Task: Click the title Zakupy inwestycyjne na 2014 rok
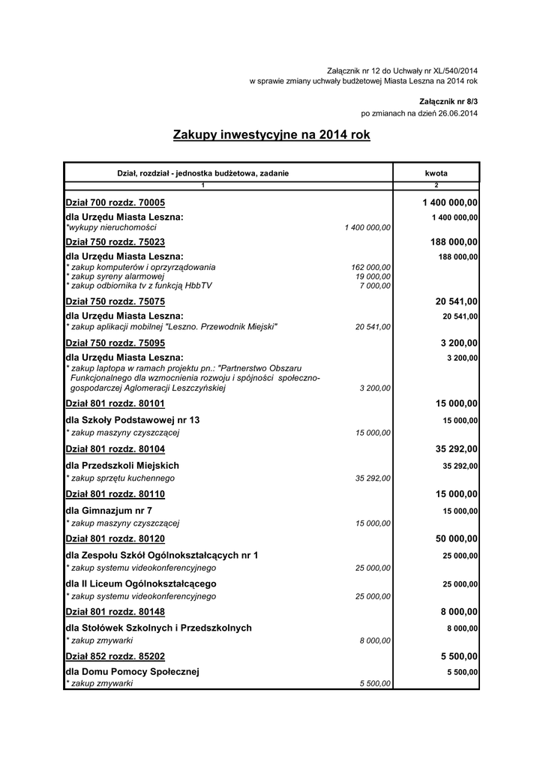(x=271, y=135)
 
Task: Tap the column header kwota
(x=436, y=173)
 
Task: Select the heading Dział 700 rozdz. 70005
(x=115, y=202)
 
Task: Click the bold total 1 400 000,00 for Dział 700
(x=450, y=202)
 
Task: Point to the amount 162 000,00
(x=370, y=267)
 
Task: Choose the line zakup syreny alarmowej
(x=115, y=276)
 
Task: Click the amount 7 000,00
(x=375, y=285)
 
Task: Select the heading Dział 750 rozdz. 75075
(x=115, y=301)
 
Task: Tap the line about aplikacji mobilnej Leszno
(x=172, y=326)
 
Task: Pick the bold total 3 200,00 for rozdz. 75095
(x=459, y=343)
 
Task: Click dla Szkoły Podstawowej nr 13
(x=133, y=419)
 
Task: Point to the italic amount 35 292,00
(x=373, y=478)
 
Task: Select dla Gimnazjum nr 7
(x=109, y=510)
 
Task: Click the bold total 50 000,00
(x=457, y=539)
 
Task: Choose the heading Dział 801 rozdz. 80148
(x=115, y=612)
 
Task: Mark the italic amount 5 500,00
(x=375, y=685)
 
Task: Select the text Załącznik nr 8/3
(x=448, y=100)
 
